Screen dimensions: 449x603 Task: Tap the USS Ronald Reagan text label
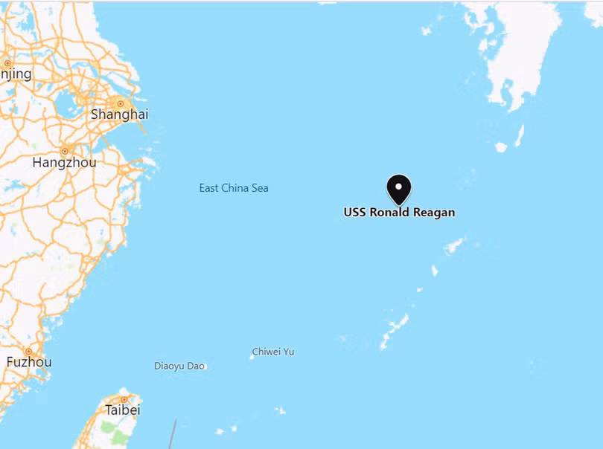click(x=399, y=213)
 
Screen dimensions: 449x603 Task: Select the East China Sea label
click(x=234, y=188)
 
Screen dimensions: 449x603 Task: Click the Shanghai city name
click(x=119, y=114)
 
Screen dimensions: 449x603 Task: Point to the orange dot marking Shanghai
click(x=120, y=103)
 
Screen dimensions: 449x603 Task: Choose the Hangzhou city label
click(x=63, y=162)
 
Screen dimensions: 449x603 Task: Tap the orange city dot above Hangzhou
click(x=65, y=151)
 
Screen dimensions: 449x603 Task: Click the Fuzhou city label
click(x=29, y=362)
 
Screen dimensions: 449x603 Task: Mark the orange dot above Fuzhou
click(x=28, y=351)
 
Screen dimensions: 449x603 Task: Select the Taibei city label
click(x=123, y=410)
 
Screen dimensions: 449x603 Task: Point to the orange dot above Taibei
click(x=124, y=399)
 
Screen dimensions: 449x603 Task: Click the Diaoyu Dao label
click(x=179, y=366)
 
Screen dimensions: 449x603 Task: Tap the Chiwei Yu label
click(x=273, y=352)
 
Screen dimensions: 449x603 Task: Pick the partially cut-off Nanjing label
click(x=16, y=74)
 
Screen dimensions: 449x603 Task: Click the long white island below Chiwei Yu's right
click(x=394, y=330)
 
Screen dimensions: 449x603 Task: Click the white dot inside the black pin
click(x=399, y=186)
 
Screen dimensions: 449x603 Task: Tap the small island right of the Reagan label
click(x=453, y=245)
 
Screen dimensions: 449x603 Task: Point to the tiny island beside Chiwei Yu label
click(x=252, y=357)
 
